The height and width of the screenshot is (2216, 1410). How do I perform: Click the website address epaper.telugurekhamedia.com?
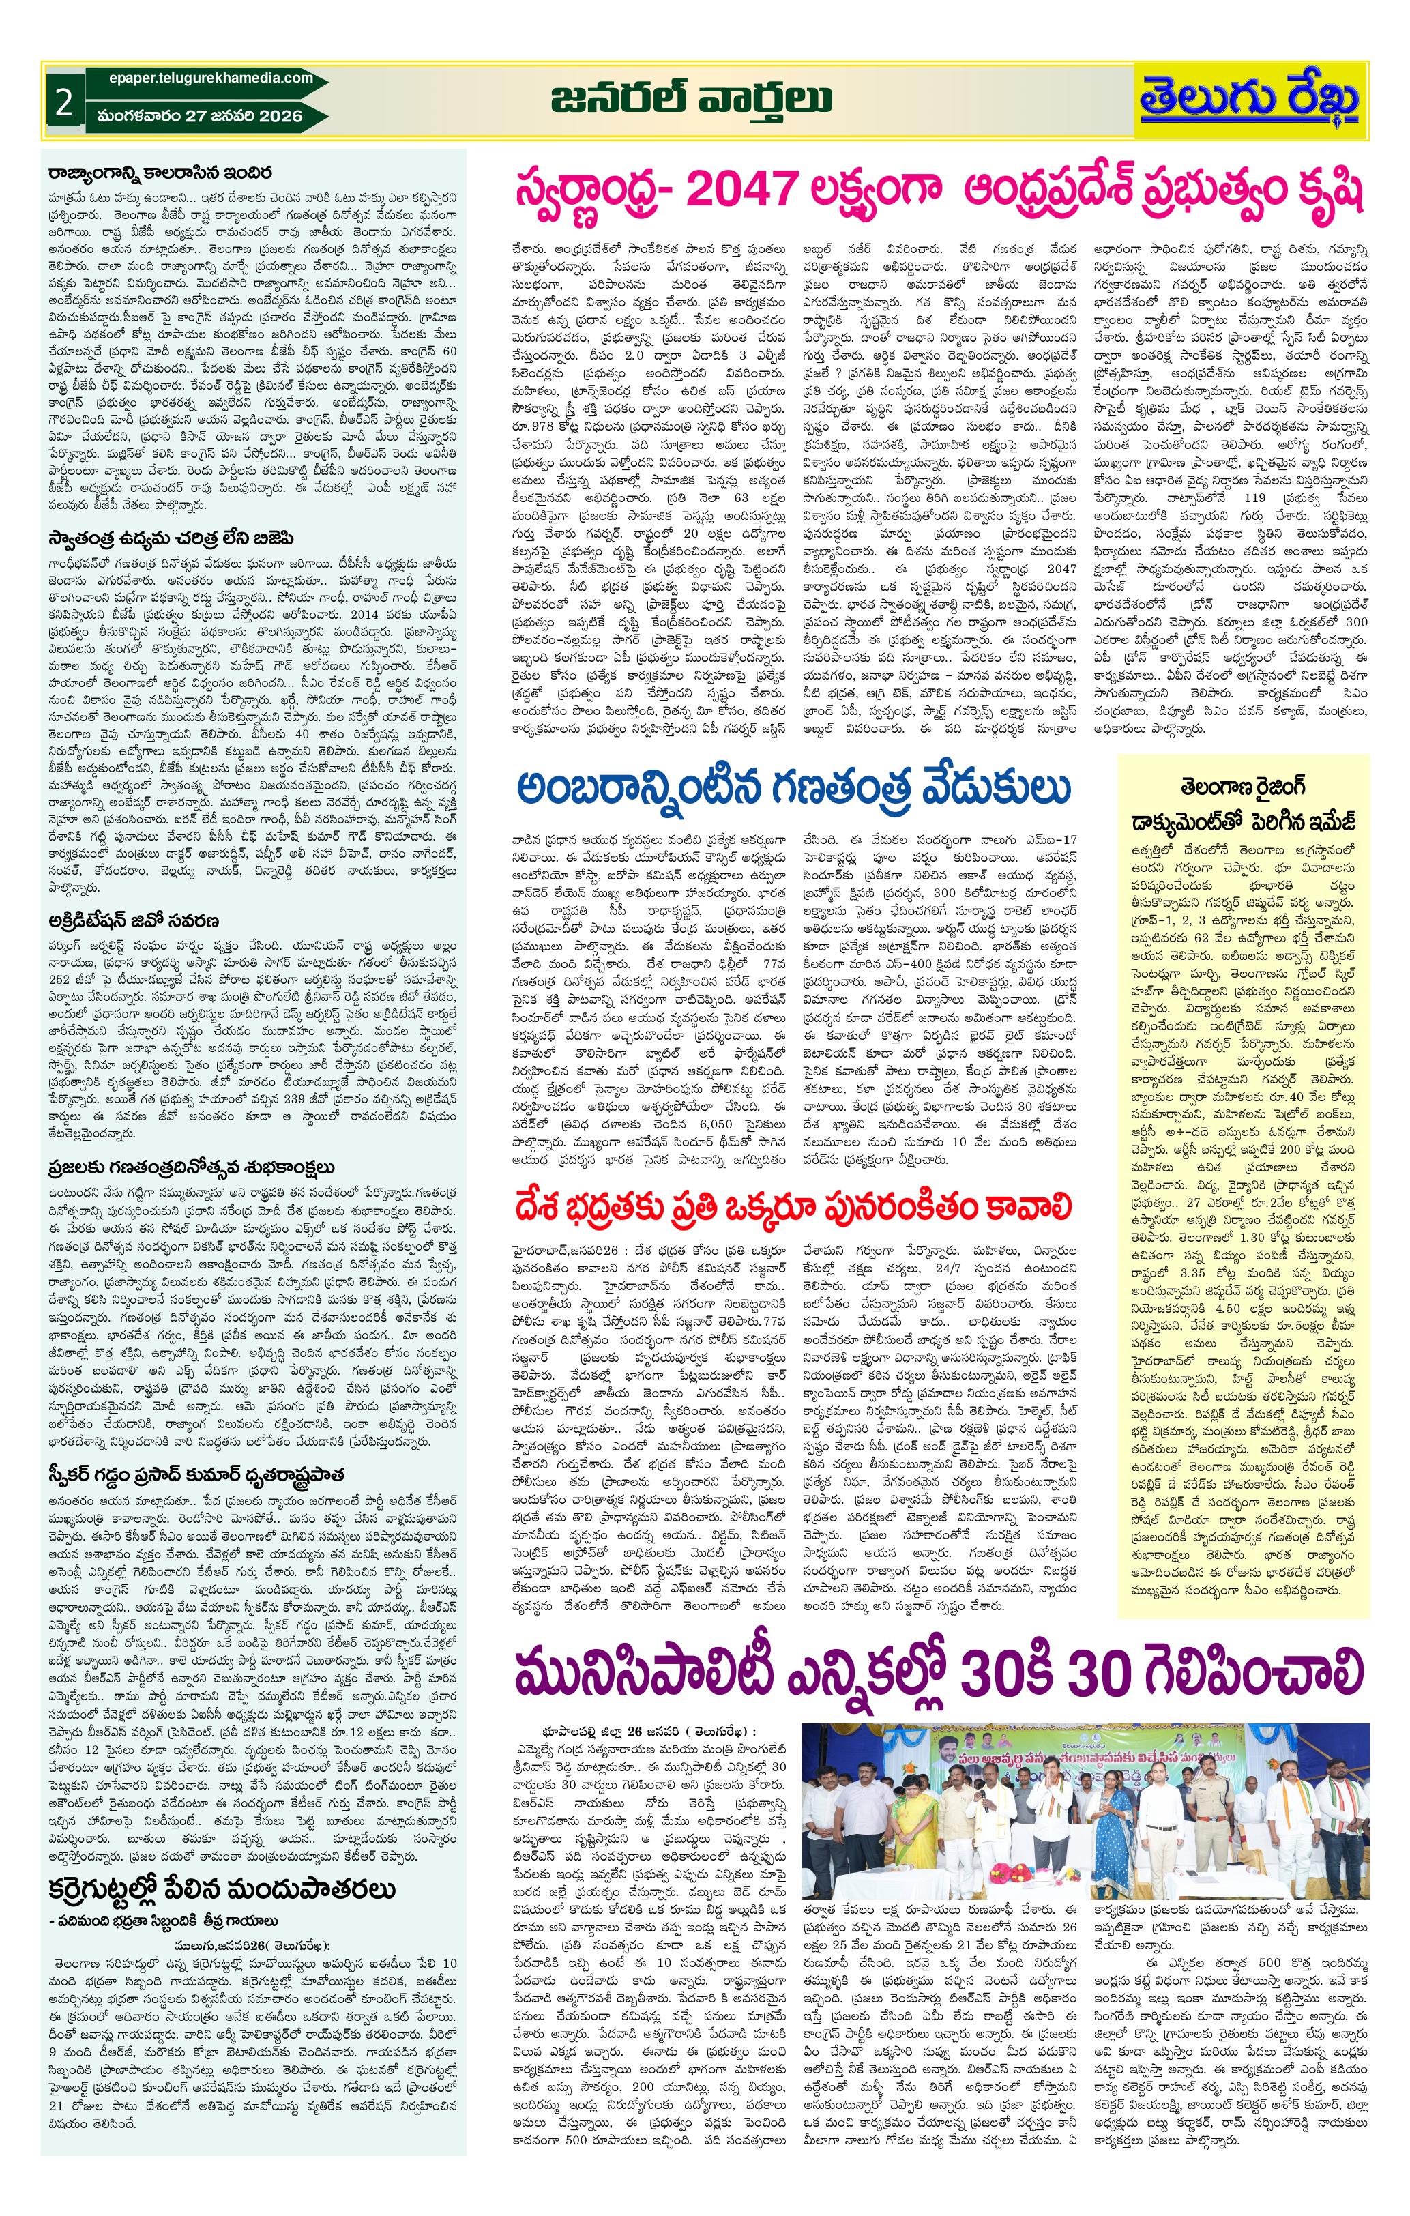click(x=205, y=79)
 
